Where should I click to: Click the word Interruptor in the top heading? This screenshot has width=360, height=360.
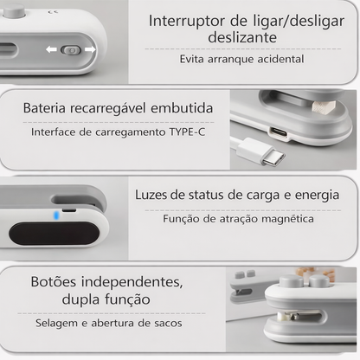pos(187,21)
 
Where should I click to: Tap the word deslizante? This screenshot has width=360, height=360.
pos(242,37)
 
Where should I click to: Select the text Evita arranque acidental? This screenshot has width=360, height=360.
pos(241,59)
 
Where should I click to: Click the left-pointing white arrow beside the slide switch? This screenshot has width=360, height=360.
pos(51,49)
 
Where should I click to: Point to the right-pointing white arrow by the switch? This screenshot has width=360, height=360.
pos(90,49)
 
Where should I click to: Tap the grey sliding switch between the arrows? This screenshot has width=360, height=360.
pos(71,50)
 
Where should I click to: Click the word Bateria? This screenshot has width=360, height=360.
pos(44,108)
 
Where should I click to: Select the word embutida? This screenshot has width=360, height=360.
pos(182,108)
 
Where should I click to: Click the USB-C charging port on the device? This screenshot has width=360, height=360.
pos(279,132)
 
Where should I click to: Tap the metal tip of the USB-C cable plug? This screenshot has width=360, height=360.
pos(273,157)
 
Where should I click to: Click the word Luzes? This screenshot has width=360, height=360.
pos(151,195)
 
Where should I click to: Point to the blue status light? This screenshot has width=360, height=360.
pos(56,215)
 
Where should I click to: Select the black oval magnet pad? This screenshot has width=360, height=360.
pos(54,234)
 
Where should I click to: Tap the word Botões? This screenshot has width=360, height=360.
pos(54,282)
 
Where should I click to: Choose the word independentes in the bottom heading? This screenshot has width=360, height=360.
pos(132,282)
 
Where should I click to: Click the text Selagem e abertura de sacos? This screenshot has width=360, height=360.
pos(109,324)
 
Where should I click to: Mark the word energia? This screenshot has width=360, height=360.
pos(317,196)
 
